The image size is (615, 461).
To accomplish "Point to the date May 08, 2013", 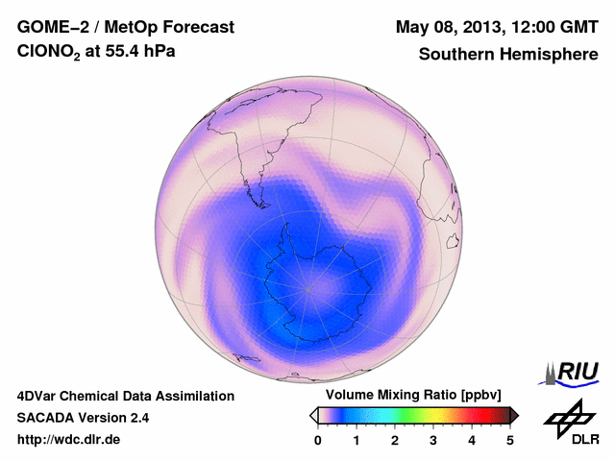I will [x=450, y=26].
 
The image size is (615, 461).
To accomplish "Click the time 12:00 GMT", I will [x=553, y=26].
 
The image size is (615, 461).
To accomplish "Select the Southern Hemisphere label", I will [x=507, y=55].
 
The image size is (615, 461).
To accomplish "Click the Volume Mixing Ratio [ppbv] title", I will [x=409, y=396].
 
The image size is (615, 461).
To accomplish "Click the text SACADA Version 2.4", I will [x=83, y=418].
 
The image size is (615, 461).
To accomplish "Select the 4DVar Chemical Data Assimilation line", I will [x=125, y=396].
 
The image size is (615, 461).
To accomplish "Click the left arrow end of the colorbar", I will [x=313, y=415].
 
